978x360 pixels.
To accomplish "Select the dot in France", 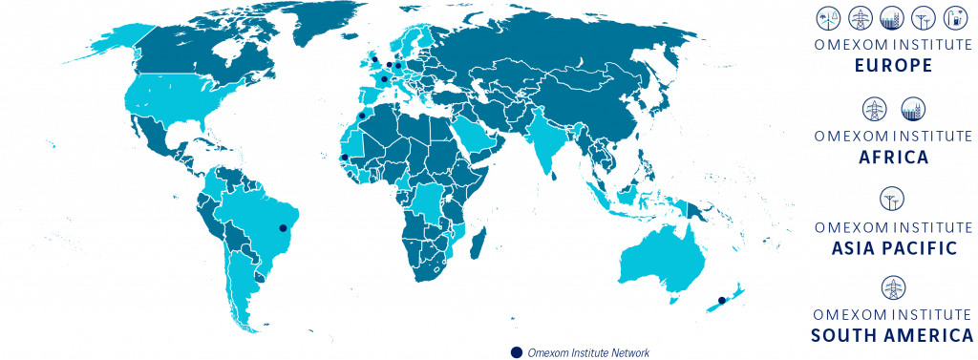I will tap(383, 80).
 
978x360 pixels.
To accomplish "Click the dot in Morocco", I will tap(361, 115).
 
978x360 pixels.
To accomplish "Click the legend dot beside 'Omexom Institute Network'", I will tap(517, 351).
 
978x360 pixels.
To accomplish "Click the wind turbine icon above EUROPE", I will tap(825, 17).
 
